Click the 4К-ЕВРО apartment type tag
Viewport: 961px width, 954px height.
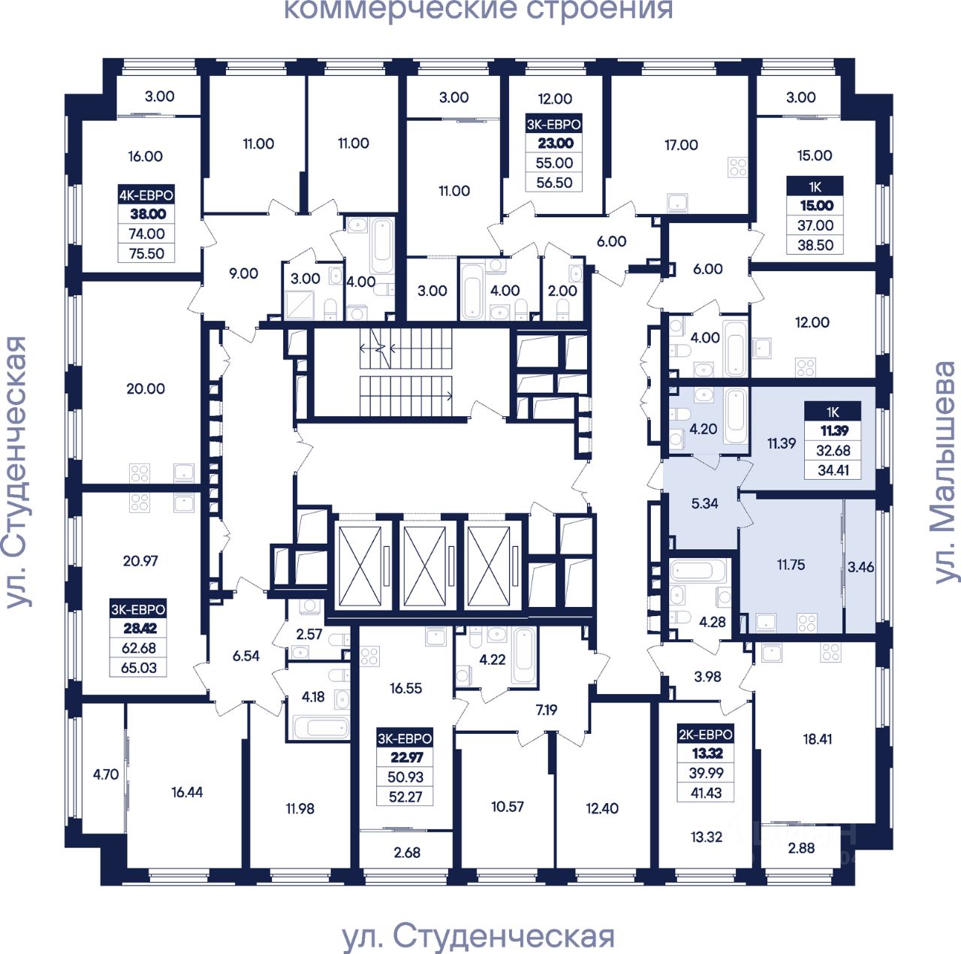(x=146, y=195)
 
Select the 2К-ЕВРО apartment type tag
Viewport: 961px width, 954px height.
(x=706, y=735)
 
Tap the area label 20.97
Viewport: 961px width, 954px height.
(x=140, y=560)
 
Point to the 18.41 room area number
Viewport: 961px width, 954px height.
(x=818, y=738)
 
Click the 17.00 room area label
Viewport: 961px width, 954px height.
(x=681, y=145)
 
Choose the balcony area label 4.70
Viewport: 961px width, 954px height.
(x=106, y=774)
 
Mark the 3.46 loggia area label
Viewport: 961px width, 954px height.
(x=860, y=566)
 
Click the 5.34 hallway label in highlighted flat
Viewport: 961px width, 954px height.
(x=704, y=503)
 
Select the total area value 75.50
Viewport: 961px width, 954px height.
(x=146, y=253)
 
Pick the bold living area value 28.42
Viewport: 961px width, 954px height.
(x=140, y=628)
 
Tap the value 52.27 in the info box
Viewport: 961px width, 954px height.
(x=405, y=796)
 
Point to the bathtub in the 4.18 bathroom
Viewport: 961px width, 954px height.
(x=321, y=727)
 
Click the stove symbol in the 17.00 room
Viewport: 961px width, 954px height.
(x=738, y=168)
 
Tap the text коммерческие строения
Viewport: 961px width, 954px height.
(x=478, y=10)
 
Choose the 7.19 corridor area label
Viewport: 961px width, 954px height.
(x=547, y=709)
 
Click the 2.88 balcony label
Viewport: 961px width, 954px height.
(x=801, y=847)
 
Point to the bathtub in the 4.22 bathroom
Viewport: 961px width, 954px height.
(x=523, y=656)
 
